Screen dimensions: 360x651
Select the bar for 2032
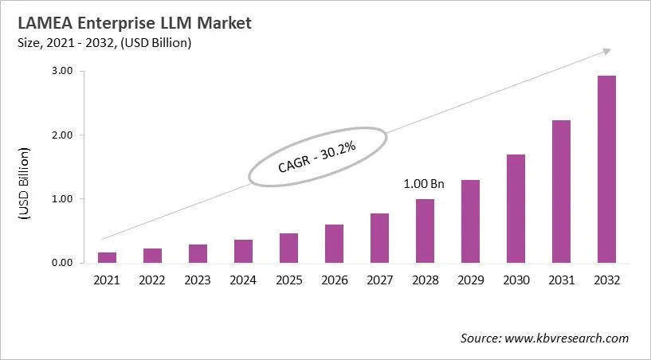point(607,169)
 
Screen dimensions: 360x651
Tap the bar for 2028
point(426,231)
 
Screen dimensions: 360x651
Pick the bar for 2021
point(108,257)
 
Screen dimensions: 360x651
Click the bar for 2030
point(516,209)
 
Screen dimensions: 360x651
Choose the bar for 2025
point(289,248)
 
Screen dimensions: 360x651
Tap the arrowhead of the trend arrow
point(606,51)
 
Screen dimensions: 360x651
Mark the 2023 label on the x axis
point(198,280)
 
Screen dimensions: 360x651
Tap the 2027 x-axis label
point(379,280)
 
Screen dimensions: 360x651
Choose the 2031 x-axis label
point(561,280)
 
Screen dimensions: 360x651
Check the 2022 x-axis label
point(153,280)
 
